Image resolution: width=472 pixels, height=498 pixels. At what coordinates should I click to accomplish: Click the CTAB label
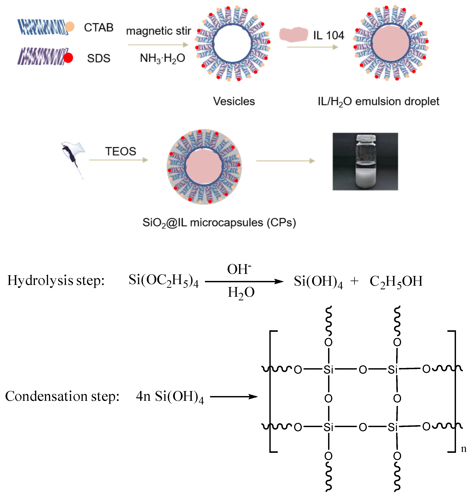click(x=99, y=27)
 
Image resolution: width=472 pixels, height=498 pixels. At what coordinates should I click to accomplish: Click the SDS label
click(x=99, y=58)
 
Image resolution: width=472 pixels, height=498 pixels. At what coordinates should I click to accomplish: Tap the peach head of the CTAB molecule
click(x=70, y=26)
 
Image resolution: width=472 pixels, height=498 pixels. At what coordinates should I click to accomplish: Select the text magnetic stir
click(x=158, y=31)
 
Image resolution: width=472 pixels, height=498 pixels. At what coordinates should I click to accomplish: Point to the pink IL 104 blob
click(x=293, y=34)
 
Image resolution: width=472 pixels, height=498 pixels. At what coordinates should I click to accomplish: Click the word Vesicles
click(x=234, y=101)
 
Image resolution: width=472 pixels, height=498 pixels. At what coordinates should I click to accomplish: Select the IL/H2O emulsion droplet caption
click(x=378, y=102)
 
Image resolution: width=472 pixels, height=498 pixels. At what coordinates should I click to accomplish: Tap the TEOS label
click(x=120, y=151)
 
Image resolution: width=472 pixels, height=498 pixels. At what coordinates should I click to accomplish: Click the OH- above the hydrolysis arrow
click(x=239, y=269)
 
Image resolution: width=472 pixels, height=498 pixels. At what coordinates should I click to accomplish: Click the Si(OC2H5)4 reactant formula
click(x=164, y=280)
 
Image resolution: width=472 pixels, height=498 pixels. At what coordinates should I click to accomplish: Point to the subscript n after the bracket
click(x=463, y=449)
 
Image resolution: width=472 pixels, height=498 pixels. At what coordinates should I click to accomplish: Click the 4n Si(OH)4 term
click(x=170, y=397)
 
